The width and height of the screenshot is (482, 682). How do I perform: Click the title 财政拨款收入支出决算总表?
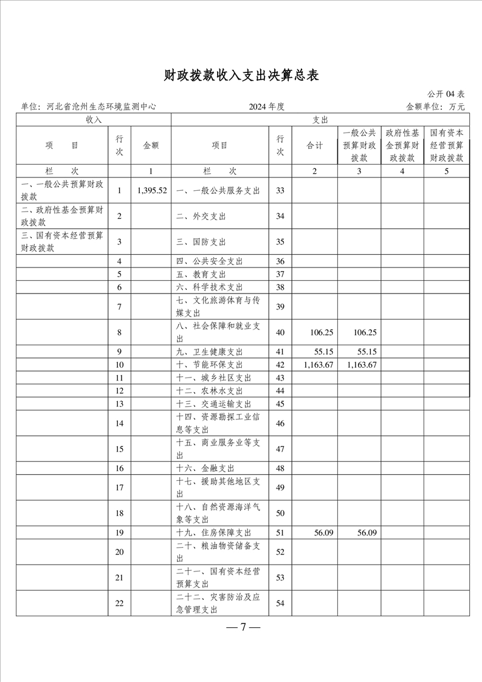(241, 75)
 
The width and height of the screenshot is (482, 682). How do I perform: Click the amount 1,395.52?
(151, 190)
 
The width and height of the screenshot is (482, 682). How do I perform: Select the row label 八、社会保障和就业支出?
(218, 332)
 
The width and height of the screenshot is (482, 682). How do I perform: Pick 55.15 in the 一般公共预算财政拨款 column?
(362, 352)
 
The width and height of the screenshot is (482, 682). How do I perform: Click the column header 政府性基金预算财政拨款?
(402, 145)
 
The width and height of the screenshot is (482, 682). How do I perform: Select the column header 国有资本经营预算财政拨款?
(446, 145)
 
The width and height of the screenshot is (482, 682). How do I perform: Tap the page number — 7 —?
(243, 627)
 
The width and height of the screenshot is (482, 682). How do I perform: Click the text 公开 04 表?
(446, 94)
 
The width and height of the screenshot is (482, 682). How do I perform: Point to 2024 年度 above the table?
(266, 106)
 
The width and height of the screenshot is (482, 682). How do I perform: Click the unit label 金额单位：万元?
(435, 106)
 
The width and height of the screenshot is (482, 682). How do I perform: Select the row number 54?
(280, 603)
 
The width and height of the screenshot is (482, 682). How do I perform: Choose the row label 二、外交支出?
(200, 216)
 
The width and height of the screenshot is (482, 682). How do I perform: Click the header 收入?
(94, 120)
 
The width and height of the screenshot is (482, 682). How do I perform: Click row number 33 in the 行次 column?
(280, 190)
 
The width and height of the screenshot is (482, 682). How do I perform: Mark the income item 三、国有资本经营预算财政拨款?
(62, 241)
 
